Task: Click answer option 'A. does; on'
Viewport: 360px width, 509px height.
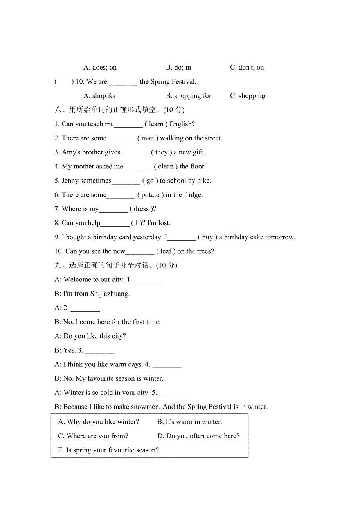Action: coord(100,68)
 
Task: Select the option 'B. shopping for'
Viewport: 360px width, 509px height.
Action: coord(189,96)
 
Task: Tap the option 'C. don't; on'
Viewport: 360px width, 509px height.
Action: coord(247,68)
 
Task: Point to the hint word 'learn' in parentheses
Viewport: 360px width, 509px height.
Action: coord(156,124)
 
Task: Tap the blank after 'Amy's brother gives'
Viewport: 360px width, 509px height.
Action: coord(135,153)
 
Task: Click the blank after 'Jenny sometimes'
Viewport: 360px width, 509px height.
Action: coord(126,181)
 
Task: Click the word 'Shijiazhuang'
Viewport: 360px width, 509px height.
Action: coord(110,294)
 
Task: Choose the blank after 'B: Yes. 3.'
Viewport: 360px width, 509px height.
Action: coord(100,351)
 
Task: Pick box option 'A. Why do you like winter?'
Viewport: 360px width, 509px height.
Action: coord(99,422)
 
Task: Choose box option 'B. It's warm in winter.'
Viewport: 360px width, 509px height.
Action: coord(189,422)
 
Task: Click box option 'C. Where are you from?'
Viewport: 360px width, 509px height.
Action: coord(93,436)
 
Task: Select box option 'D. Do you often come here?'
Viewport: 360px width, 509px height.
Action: coord(198,436)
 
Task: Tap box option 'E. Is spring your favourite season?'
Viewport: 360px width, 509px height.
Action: coord(108,450)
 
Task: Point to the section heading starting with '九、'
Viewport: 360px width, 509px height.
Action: coord(116,265)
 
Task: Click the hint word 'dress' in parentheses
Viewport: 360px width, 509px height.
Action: coord(141,209)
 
